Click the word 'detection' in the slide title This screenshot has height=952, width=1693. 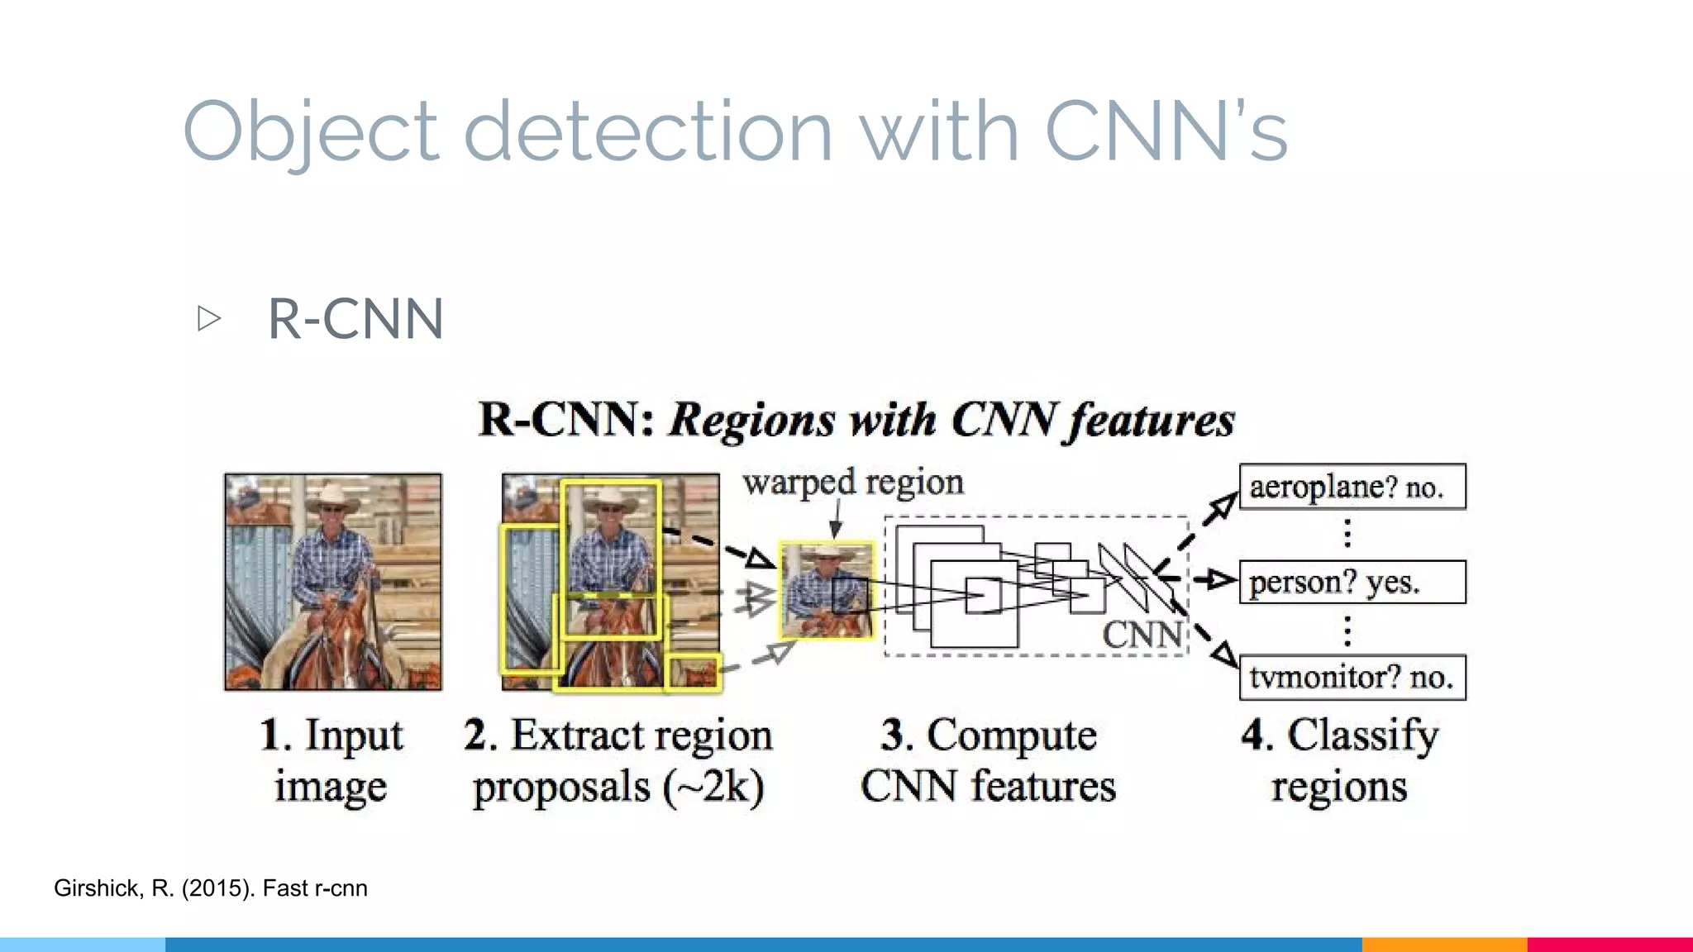648,132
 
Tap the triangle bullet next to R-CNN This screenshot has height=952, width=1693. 209,318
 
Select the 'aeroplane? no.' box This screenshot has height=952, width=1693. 1352,487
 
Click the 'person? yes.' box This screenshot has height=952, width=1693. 1352,583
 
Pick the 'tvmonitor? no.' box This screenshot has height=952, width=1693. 1352,678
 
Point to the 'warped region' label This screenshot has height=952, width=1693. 853,483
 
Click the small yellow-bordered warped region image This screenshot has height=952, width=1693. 827,590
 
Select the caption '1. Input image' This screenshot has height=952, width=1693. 331,760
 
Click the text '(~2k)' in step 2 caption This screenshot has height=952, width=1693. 713,787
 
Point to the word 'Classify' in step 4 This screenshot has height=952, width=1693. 1363,735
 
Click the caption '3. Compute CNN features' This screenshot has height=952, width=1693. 988,760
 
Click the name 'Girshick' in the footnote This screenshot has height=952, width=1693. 98,888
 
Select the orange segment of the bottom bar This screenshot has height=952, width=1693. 1443,944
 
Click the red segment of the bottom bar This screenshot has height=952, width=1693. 1610,944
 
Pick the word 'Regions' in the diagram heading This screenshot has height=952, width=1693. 752,420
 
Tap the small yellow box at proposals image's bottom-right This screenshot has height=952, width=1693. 693,673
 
